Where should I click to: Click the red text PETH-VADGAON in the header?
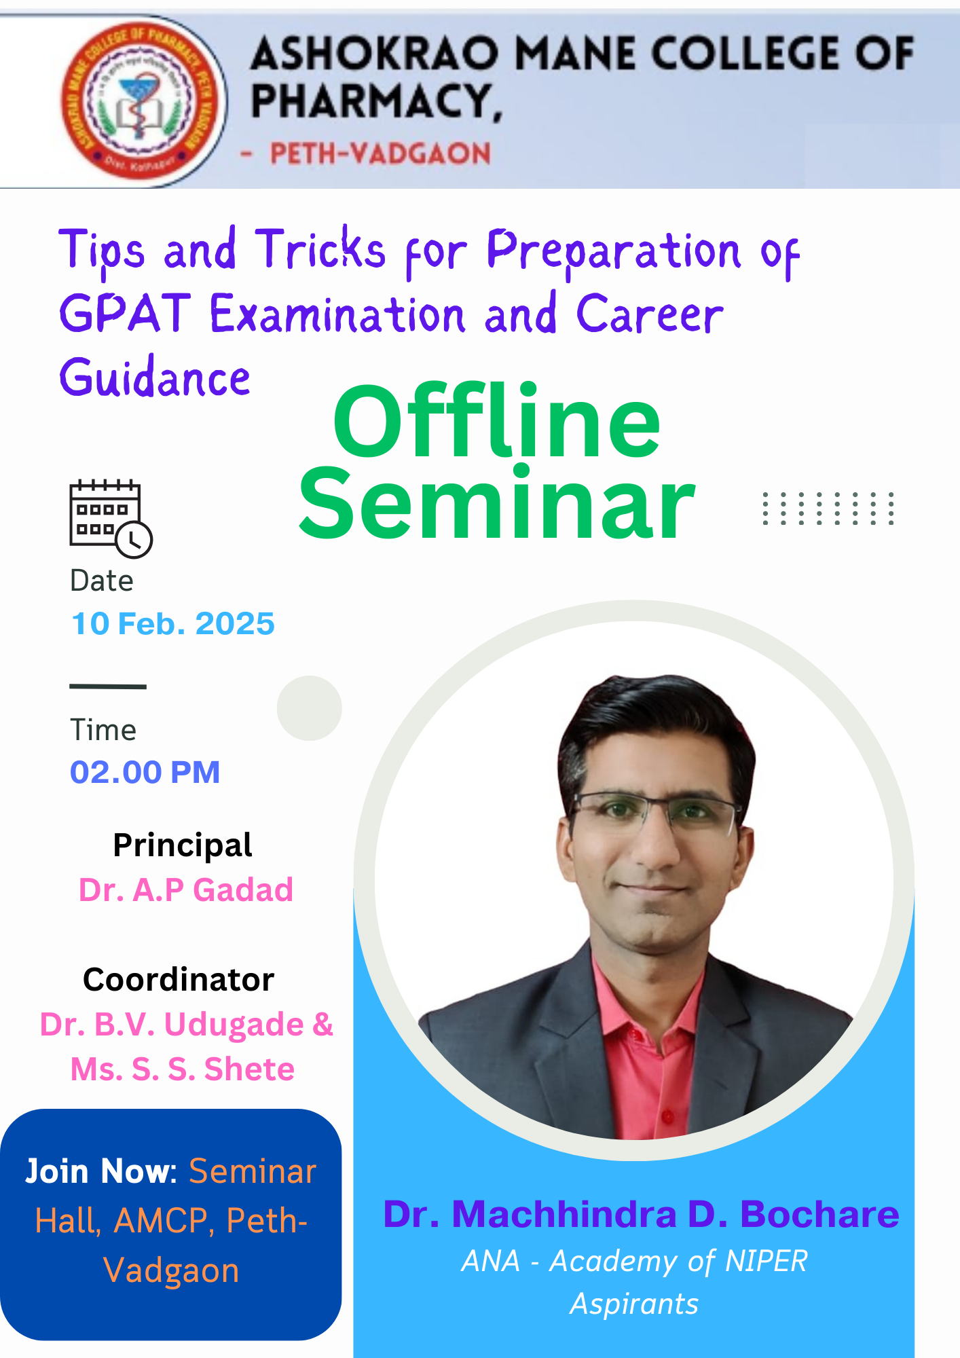click(380, 153)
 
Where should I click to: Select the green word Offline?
click(496, 421)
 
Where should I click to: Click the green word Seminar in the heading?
click(496, 504)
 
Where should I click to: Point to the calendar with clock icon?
click(111, 519)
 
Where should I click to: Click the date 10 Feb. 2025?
click(173, 623)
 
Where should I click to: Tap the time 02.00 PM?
click(145, 772)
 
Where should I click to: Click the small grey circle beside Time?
click(310, 708)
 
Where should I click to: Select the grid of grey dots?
click(828, 509)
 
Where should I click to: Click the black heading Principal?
click(183, 845)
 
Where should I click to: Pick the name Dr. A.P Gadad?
click(186, 889)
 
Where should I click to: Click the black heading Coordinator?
click(179, 979)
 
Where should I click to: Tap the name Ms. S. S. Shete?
click(183, 1069)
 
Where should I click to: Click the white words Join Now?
click(100, 1171)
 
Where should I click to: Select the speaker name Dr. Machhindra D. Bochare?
click(641, 1214)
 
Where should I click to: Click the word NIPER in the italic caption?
click(767, 1261)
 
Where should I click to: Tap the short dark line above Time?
click(108, 686)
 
